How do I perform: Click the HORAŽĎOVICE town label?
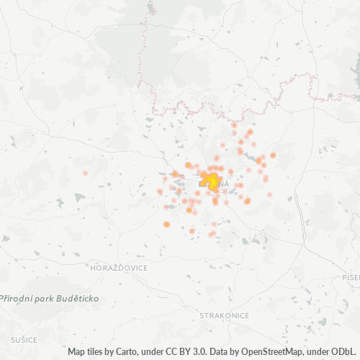coord(119,268)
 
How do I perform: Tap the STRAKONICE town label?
coord(224,315)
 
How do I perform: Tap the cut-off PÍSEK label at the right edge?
coord(352,277)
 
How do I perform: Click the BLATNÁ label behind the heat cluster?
coord(213,185)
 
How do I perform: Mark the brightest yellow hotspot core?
coord(212,180)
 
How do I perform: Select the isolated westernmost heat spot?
coord(85,173)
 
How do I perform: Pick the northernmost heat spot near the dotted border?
coord(234,125)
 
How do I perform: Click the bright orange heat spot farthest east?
coord(273,155)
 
